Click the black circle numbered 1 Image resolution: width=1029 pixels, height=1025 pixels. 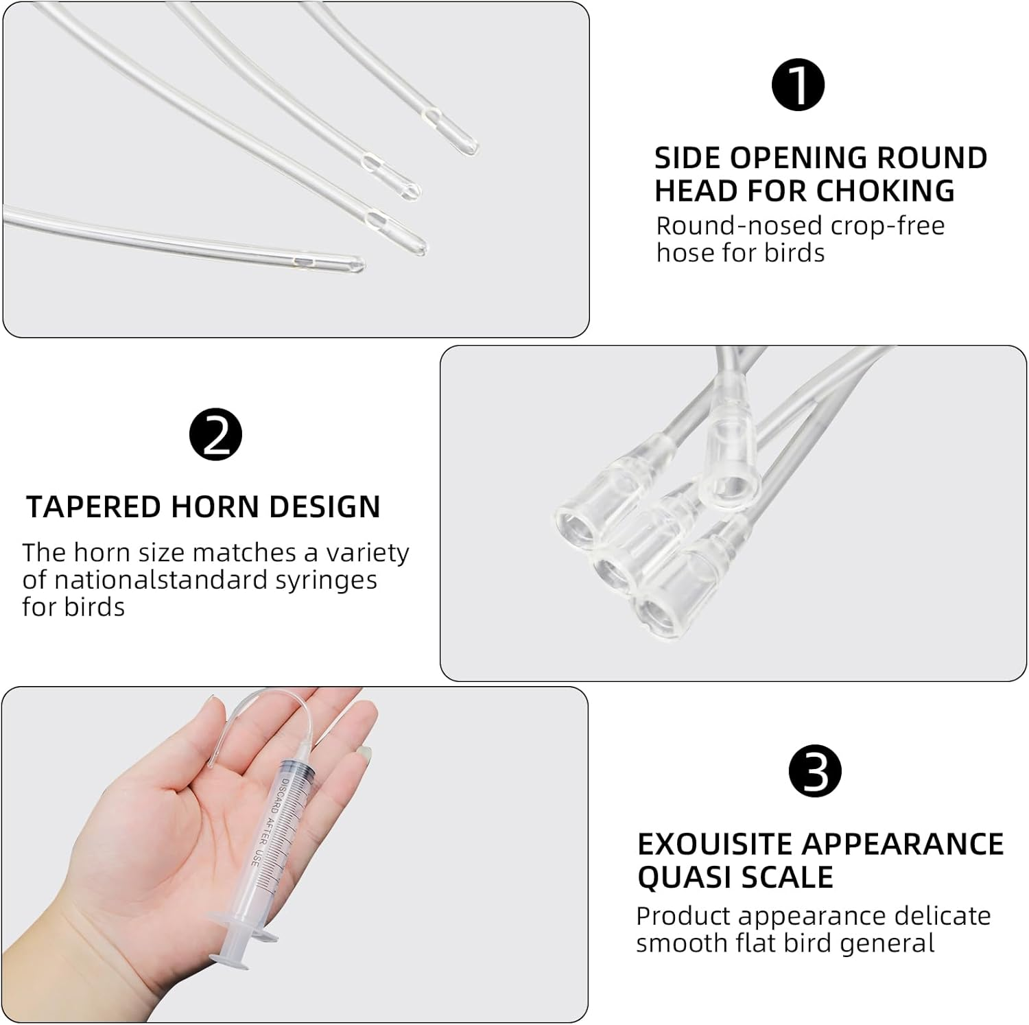[x=798, y=84]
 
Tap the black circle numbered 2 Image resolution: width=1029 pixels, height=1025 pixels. [x=215, y=434]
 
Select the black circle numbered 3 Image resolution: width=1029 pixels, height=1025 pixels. [x=815, y=771]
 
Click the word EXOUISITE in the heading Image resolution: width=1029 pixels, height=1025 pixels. [x=713, y=844]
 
